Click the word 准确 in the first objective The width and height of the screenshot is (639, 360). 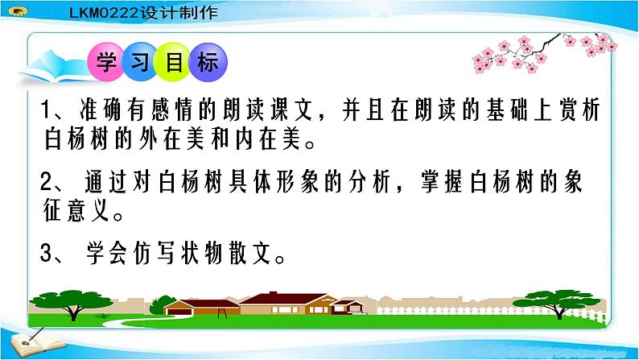(104, 111)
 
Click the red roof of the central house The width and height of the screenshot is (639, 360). (282, 299)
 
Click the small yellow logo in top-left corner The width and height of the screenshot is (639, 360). (14, 9)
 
